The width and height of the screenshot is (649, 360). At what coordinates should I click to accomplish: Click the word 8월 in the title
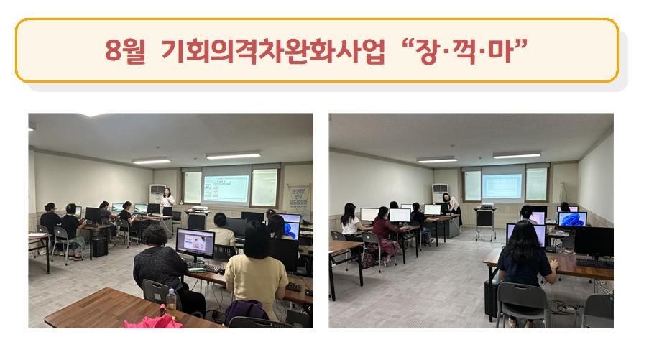(125, 51)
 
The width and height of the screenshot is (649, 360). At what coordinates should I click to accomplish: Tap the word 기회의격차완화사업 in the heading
(273, 51)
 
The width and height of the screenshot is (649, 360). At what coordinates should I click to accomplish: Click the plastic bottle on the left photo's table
(171, 300)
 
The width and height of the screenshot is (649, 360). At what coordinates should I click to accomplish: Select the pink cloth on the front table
(154, 321)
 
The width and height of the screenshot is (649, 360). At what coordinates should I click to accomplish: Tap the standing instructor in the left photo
(167, 203)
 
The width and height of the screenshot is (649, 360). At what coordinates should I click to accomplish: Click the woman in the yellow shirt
(255, 271)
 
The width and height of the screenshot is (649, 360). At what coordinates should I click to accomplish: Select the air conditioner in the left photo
(157, 195)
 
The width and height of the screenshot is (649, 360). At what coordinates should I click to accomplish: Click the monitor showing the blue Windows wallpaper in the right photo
(572, 220)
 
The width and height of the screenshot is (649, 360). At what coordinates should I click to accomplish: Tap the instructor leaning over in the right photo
(452, 208)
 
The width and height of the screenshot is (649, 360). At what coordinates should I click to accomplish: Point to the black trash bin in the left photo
(100, 246)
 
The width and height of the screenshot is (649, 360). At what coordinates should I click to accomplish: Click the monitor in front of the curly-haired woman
(195, 244)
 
